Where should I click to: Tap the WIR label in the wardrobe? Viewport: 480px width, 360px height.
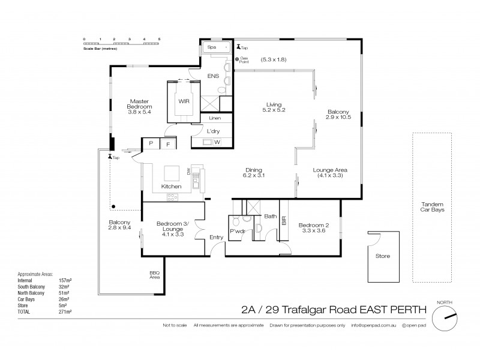[x=184, y=101]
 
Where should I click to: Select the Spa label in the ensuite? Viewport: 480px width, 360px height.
[x=211, y=46]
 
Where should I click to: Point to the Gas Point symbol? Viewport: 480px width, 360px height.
[x=237, y=59]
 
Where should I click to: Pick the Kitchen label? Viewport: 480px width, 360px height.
[x=172, y=187]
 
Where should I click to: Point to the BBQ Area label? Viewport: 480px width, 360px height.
[x=154, y=277]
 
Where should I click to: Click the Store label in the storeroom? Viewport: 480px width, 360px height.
[x=382, y=256]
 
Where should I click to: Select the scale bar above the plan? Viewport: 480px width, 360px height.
[x=122, y=43]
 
